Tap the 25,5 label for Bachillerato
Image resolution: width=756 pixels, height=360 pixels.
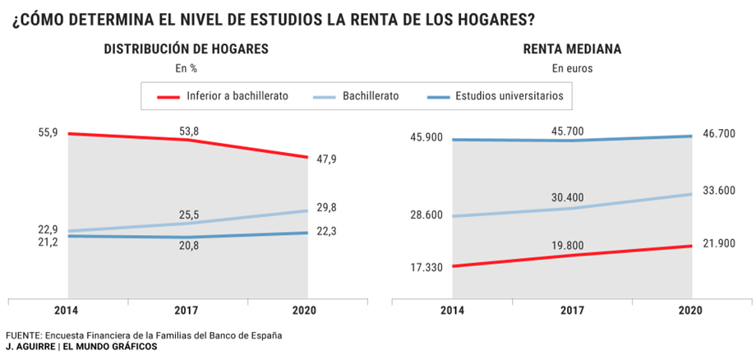[x=189, y=215]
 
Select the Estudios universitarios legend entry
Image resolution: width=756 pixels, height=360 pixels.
[x=509, y=96]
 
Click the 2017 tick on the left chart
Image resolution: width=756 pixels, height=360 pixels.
[x=189, y=311]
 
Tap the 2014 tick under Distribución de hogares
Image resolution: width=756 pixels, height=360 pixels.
[x=67, y=311]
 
